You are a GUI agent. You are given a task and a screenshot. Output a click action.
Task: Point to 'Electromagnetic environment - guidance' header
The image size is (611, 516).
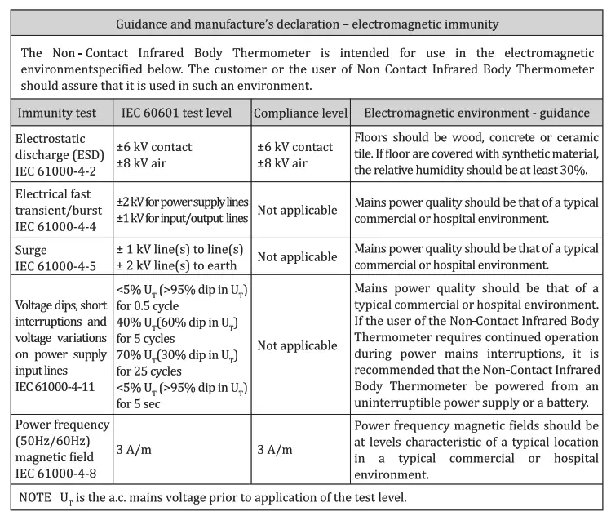pyautogui.click(x=477, y=112)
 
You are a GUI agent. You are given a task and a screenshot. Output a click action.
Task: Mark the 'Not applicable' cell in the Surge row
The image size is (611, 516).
pyautogui.click(x=297, y=258)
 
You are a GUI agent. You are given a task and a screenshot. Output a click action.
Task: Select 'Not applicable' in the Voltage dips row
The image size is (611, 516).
pyautogui.click(x=297, y=345)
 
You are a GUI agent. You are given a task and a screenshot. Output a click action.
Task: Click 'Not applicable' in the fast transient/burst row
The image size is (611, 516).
pyautogui.click(x=297, y=210)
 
